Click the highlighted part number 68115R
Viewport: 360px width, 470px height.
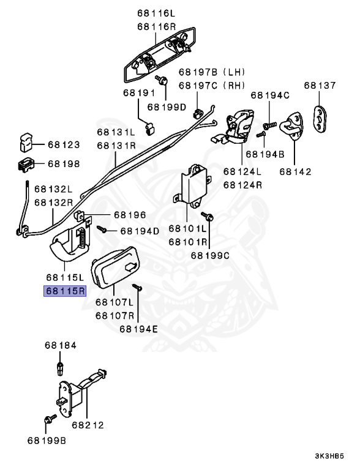click(64, 291)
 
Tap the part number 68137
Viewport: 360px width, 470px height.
click(320, 85)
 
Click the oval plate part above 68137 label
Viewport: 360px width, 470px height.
click(320, 117)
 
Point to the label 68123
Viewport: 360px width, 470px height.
click(64, 145)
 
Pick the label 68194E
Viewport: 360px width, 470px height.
click(138, 328)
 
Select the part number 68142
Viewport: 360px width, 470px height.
click(296, 172)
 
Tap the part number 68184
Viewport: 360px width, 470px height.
click(60, 345)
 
